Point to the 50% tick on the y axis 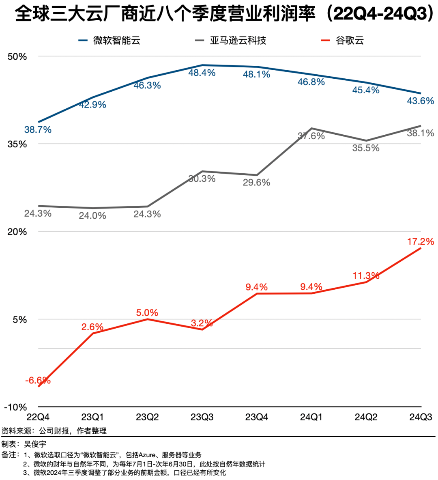(x=17, y=56)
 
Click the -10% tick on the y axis (x=15, y=407)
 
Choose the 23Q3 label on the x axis (x=202, y=417)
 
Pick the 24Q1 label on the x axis (x=311, y=417)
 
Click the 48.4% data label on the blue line (x=202, y=73)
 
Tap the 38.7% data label (x=38, y=130)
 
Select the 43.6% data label (x=421, y=101)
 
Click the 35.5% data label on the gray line (x=366, y=148)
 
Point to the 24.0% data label (x=92, y=216)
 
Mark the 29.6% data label (x=256, y=183)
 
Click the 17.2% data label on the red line (x=421, y=242)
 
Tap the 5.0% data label (x=147, y=313)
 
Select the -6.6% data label (x=38, y=381)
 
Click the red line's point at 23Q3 (x=202, y=329)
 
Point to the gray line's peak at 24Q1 (x=311, y=128)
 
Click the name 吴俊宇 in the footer (x=35, y=444)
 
